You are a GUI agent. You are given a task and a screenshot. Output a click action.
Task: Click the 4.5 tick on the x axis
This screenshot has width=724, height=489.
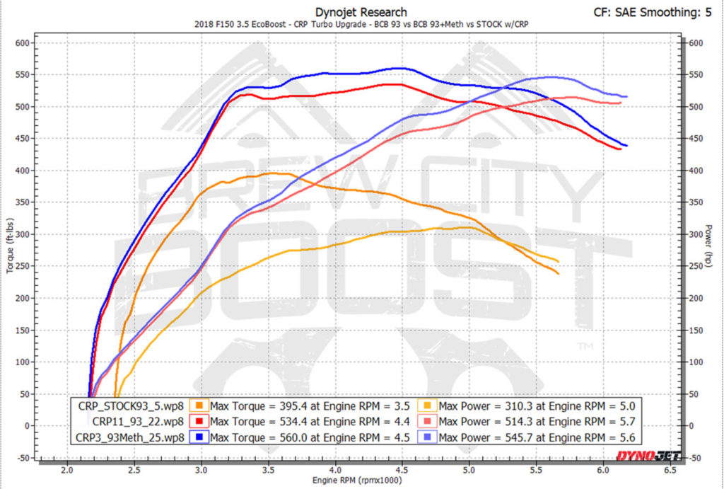[403, 470]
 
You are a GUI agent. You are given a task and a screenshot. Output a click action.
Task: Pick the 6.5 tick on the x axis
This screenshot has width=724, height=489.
[670, 470]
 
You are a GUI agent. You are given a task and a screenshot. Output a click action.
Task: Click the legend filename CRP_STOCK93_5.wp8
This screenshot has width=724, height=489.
[132, 406]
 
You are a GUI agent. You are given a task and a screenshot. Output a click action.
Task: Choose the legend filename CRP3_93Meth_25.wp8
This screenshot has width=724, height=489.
[130, 437]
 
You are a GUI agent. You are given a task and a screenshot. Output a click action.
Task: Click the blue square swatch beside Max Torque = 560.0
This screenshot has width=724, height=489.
[200, 437]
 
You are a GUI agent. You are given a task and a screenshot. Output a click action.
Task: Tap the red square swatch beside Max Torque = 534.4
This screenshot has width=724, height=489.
[200, 422]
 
